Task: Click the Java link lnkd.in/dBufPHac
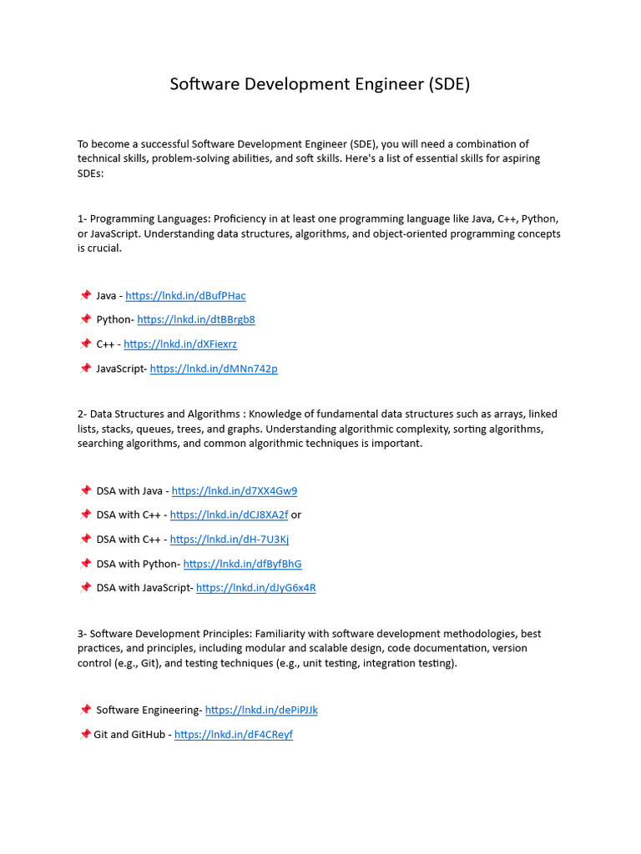tap(185, 296)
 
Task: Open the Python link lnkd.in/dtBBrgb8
tap(196, 319)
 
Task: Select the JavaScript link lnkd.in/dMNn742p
tap(214, 369)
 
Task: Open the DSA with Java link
tap(235, 491)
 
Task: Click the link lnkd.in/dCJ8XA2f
tap(229, 515)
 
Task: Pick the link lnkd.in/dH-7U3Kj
tap(230, 540)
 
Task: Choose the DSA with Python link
tap(242, 565)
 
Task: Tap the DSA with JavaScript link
tap(255, 588)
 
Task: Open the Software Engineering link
tap(261, 711)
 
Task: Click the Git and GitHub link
tap(234, 735)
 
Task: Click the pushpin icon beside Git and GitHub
tap(84, 735)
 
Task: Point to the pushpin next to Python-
tap(85, 319)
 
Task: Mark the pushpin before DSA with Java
tap(85, 491)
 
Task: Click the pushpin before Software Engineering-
tap(85, 711)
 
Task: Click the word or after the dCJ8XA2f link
tap(296, 515)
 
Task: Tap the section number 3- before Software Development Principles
tap(83, 634)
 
